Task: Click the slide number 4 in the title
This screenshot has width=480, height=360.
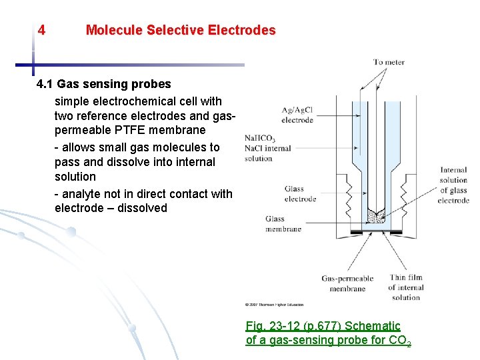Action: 42,30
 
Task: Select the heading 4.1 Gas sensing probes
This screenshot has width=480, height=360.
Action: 104,84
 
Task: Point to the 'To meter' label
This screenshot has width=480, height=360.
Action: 389,63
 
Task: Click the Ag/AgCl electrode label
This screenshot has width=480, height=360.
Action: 297,115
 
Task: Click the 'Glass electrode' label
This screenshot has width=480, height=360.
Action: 299,194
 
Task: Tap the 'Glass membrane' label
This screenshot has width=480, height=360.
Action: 283,223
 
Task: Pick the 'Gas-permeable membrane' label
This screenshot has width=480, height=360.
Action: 347,283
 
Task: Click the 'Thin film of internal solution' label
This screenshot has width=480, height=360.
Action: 406,287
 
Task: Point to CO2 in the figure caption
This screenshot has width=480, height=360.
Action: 403,341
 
